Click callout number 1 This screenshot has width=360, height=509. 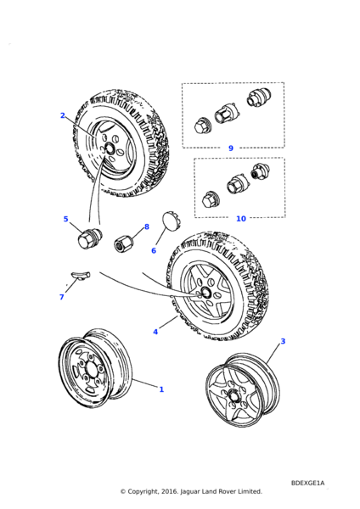tap(161, 389)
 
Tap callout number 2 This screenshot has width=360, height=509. tap(63, 115)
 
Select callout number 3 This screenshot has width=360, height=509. tap(283, 341)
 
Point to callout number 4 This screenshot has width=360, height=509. tap(155, 332)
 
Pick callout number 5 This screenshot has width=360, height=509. tap(65, 219)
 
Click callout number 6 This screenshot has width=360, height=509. tap(154, 250)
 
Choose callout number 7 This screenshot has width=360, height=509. tap(62, 297)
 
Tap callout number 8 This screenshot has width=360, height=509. tap(147, 227)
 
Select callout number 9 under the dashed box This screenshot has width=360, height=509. tap(231, 148)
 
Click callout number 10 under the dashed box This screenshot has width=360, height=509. tap(241, 219)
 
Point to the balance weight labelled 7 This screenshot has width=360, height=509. tap(81, 275)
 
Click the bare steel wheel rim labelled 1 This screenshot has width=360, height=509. tap(96, 368)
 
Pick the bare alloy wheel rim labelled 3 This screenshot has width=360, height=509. tap(242, 390)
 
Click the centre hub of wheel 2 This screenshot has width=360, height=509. tap(109, 148)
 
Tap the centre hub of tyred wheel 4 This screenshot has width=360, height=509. tap(205, 292)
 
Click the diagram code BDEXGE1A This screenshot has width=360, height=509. tap(307, 483)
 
